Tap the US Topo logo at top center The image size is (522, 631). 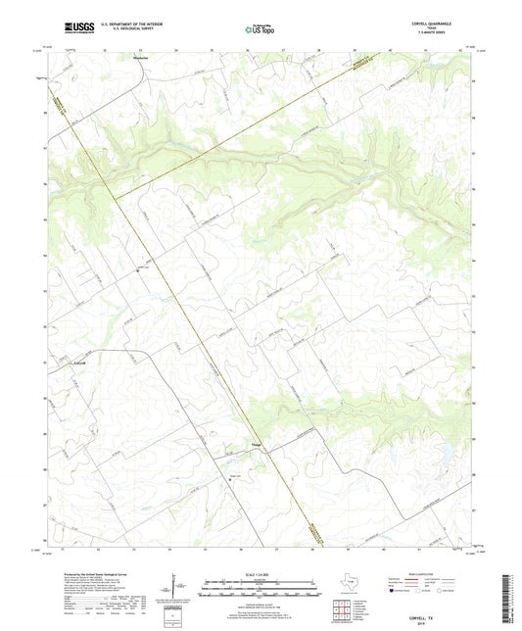click(260, 30)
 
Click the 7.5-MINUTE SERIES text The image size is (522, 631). click(442, 35)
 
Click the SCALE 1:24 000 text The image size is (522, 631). click(261, 573)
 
